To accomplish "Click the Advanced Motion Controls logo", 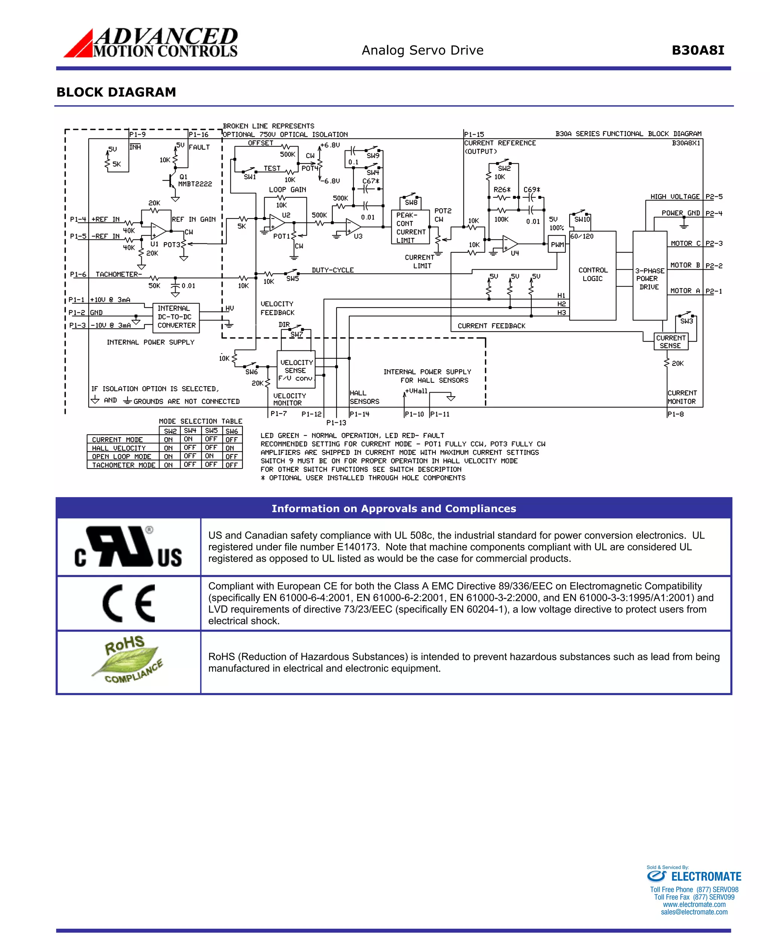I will point(151,43).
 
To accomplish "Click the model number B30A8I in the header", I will point(698,50).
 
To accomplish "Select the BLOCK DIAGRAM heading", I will point(116,92).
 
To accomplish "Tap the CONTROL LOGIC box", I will point(592,274).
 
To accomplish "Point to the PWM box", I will point(557,244).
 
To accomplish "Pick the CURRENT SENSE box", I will point(671,341).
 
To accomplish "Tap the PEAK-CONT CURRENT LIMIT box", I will point(410,227).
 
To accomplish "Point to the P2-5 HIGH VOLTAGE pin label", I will point(714,197).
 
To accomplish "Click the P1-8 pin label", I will point(675,414).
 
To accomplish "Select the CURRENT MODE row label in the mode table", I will point(118,440).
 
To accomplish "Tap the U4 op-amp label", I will point(514,253).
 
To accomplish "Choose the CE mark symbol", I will point(129,603).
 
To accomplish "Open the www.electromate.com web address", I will point(694,905).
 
